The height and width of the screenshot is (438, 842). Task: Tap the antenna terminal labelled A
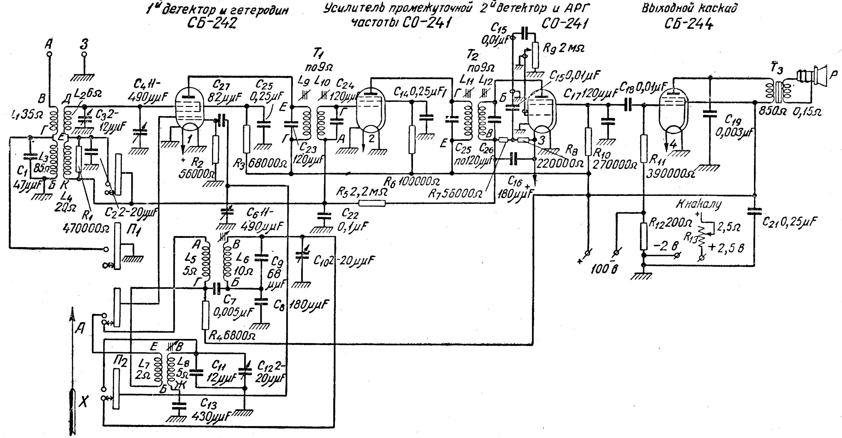[49, 54]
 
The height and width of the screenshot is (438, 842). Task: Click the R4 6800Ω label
[232, 335]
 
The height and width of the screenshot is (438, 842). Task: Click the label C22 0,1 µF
[354, 219]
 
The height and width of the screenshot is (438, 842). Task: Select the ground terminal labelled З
[84, 54]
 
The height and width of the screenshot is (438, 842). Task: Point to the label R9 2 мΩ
[563, 48]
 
